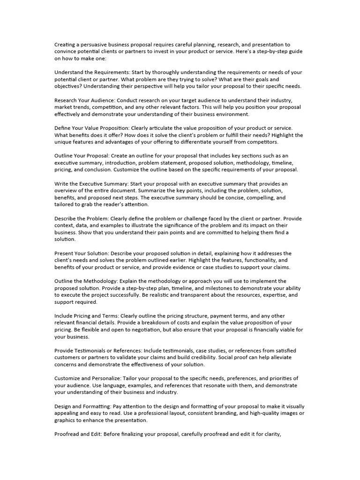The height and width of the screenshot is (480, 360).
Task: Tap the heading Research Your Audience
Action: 84,100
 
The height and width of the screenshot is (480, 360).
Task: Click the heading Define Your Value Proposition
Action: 92,128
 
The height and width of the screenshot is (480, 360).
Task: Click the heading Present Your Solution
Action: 82,253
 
